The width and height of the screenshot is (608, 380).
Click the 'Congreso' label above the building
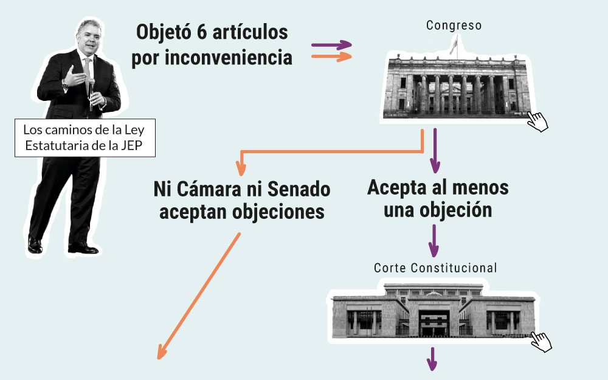[x=454, y=26]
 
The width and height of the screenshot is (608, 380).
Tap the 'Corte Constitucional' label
[x=435, y=268]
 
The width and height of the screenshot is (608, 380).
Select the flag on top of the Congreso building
[x=453, y=44]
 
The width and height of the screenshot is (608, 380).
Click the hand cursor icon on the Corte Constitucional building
[x=541, y=341]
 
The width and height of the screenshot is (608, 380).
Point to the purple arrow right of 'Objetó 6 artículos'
[x=331, y=45]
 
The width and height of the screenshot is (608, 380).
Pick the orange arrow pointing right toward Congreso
[x=331, y=57]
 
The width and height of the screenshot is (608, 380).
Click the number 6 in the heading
[x=205, y=33]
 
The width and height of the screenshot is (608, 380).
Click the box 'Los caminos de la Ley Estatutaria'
[x=85, y=139]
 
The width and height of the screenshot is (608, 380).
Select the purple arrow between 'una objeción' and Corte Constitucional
[x=434, y=241]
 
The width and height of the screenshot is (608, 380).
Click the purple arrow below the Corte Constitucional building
[x=432, y=359]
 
